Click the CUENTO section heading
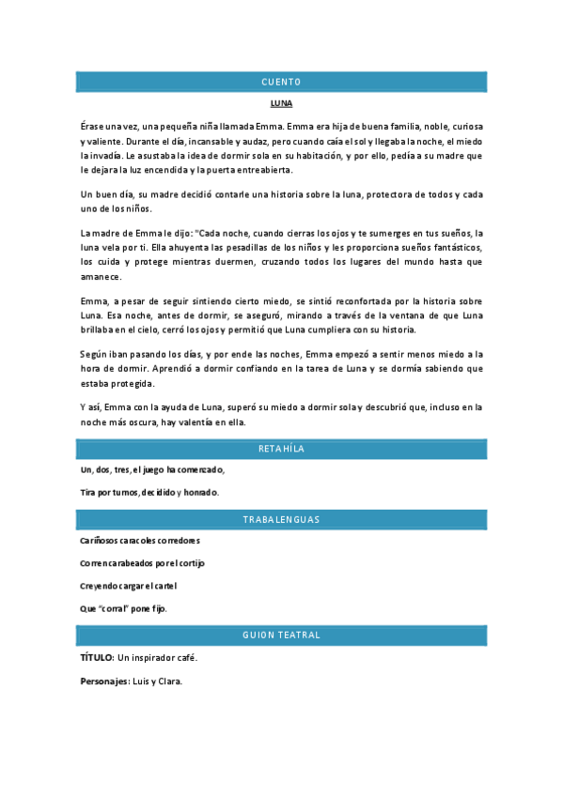point(281,83)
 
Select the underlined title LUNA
point(281,104)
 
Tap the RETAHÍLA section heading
point(281,449)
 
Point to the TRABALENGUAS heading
point(281,519)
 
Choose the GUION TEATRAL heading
point(281,635)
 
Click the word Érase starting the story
point(93,125)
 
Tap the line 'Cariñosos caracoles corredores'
point(140,541)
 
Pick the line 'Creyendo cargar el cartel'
point(129,586)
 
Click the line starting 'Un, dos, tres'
point(152,469)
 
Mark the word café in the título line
point(185,658)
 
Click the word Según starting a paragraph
point(94,354)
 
